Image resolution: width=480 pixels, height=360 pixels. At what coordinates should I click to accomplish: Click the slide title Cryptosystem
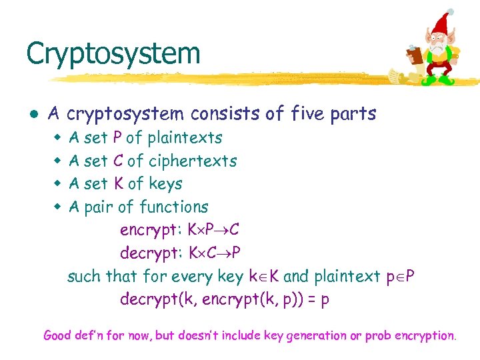pos(113,53)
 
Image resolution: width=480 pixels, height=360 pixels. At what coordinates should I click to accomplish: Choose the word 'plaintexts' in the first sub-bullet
pos(185,138)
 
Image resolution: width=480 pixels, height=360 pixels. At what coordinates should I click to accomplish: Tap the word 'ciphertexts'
pos(193,161)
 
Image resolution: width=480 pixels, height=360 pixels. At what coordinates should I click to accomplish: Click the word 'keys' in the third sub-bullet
pos(166,184)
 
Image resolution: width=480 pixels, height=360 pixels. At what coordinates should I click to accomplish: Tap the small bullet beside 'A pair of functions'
pos(57,207)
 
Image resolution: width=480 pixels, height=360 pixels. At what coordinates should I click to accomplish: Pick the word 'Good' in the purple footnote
pos(58,335)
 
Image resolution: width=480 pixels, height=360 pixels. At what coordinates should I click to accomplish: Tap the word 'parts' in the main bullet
pos(354,114)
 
